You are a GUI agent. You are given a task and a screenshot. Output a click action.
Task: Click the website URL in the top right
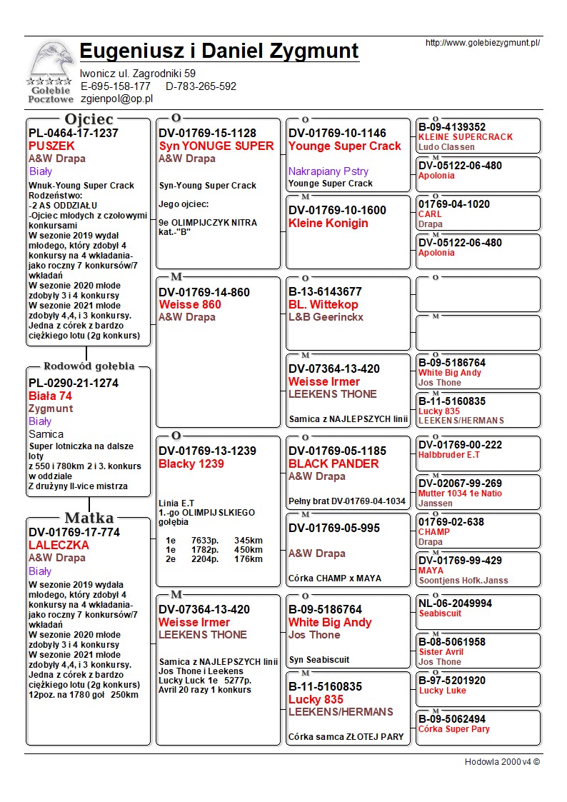482,43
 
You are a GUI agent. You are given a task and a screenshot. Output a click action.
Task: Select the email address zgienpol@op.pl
116,99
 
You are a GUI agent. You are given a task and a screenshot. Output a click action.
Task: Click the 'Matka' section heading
89,518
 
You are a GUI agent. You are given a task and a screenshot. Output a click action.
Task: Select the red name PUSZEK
51,146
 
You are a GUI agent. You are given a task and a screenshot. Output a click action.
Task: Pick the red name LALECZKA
59,545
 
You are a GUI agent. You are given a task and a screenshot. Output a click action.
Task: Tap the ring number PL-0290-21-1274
74,383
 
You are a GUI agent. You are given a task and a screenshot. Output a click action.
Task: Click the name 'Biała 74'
50,396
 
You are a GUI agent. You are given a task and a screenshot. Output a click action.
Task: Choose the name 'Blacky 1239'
191,464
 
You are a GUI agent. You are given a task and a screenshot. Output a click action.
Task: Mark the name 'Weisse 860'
189,304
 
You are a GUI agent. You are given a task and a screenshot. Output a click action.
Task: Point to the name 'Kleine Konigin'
328,223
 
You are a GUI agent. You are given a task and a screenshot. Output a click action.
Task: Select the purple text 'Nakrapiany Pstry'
328,171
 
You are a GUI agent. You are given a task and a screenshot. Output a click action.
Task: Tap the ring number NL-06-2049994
455,603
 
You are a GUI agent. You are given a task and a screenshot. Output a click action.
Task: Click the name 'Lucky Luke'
442,691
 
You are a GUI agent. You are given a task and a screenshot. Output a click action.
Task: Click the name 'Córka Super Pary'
454,729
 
